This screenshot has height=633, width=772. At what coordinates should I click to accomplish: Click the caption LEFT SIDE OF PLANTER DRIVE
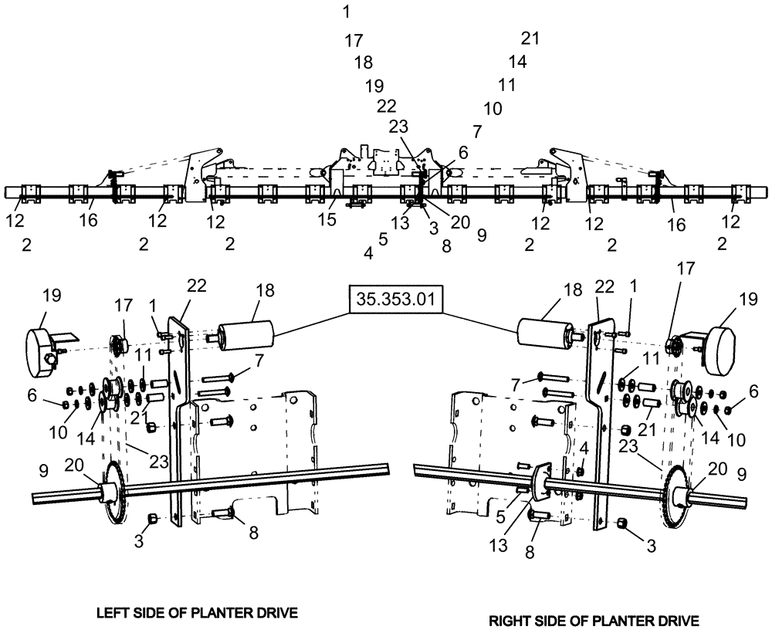point(197,613)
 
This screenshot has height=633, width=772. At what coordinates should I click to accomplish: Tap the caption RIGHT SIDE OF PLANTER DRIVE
point(594,620)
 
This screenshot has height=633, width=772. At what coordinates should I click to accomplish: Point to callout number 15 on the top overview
point(327,220)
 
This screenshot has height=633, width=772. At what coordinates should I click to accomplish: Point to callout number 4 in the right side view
point(584,448)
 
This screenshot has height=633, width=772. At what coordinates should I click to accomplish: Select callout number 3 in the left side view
point(139,542)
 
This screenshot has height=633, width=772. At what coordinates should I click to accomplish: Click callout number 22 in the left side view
point(196,285)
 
